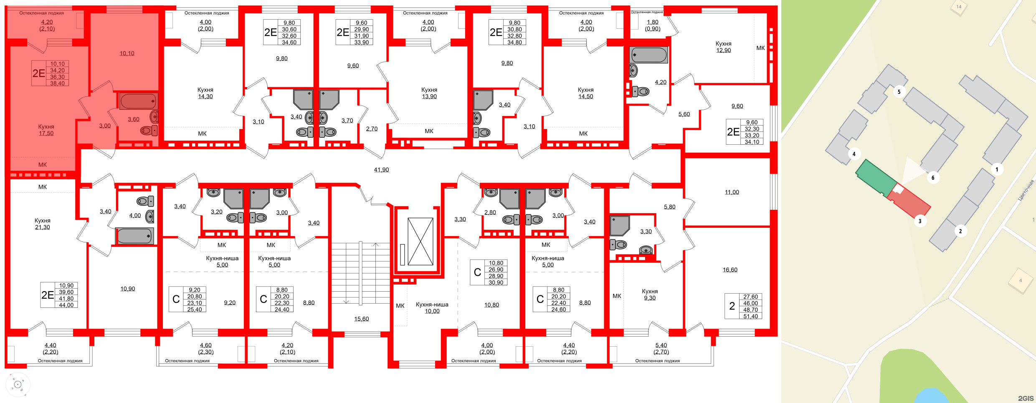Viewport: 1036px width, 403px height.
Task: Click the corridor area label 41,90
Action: click(x=381, y=170)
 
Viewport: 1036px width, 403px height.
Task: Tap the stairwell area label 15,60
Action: click(x=361, y=319)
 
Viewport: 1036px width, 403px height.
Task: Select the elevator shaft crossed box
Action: click(x=420, y=242)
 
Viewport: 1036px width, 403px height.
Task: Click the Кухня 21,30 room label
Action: click(x=43, y=224)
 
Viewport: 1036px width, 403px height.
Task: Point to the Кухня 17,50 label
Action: click(x=46, y=130)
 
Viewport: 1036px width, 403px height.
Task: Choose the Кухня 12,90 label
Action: click(x=723, y=47)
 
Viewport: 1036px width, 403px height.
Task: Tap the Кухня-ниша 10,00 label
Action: click(x=432, y=308)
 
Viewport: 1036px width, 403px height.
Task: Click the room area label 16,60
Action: click(x=730, y=270)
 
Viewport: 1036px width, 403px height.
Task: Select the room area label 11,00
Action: click(x=732, y=192)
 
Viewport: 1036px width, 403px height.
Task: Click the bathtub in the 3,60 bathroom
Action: click(x=138, y=101)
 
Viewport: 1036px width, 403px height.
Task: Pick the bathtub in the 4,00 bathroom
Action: click(x=134, y=236)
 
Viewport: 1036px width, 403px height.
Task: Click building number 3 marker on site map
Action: click(x=919, y=221)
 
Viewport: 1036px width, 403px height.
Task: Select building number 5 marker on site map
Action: click(x=899, y=92)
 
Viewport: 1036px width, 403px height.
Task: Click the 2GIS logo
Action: click(x=1026, y=398)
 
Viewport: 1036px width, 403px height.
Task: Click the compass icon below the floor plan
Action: click(x=18, y=385)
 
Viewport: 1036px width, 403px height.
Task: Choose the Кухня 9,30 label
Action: click(x=649, y=295)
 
